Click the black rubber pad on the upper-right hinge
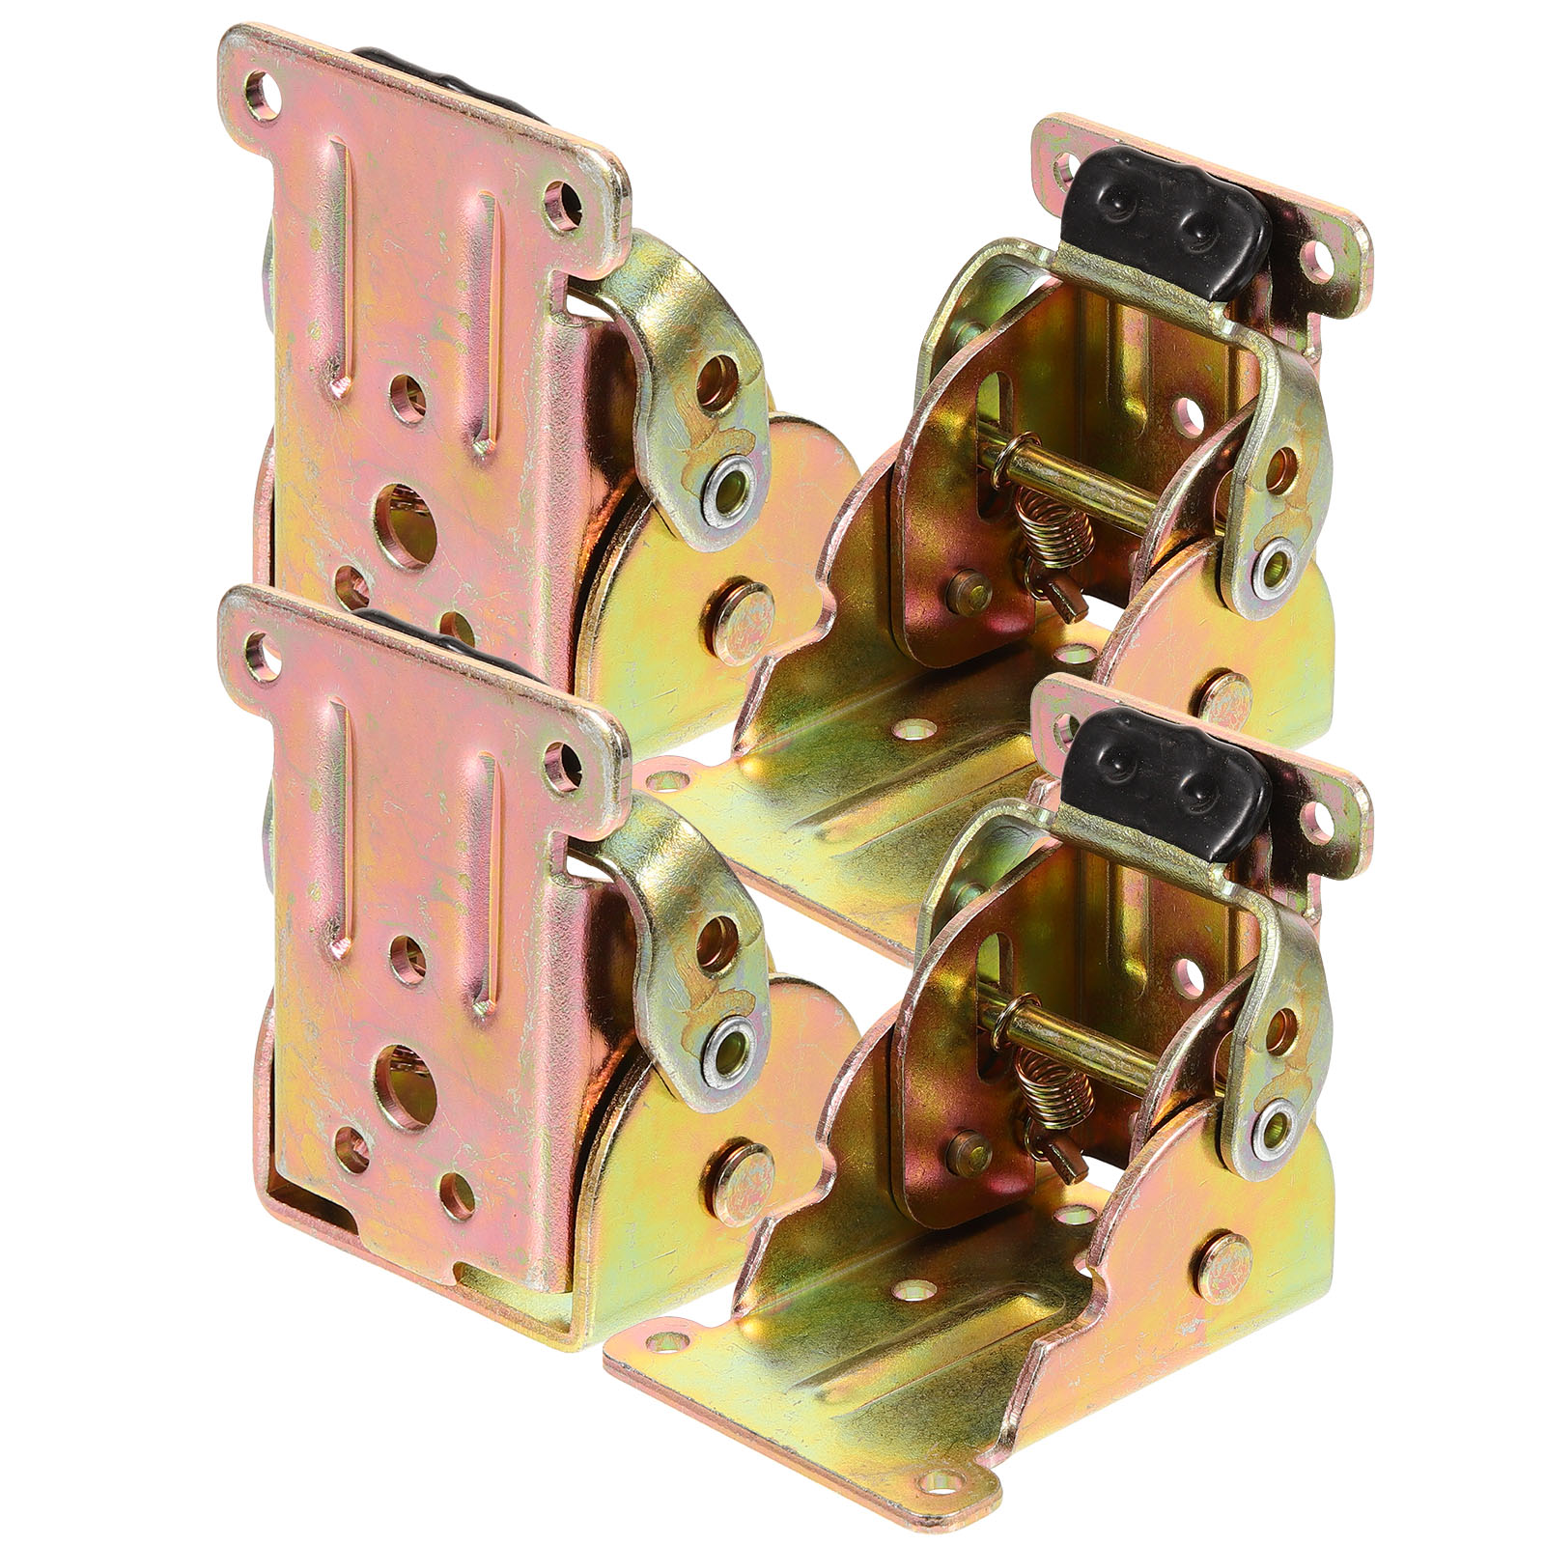[x=1164, y=217]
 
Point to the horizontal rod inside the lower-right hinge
[x=1091, y=1053]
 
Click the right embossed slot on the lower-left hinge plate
[x=483, y=859]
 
